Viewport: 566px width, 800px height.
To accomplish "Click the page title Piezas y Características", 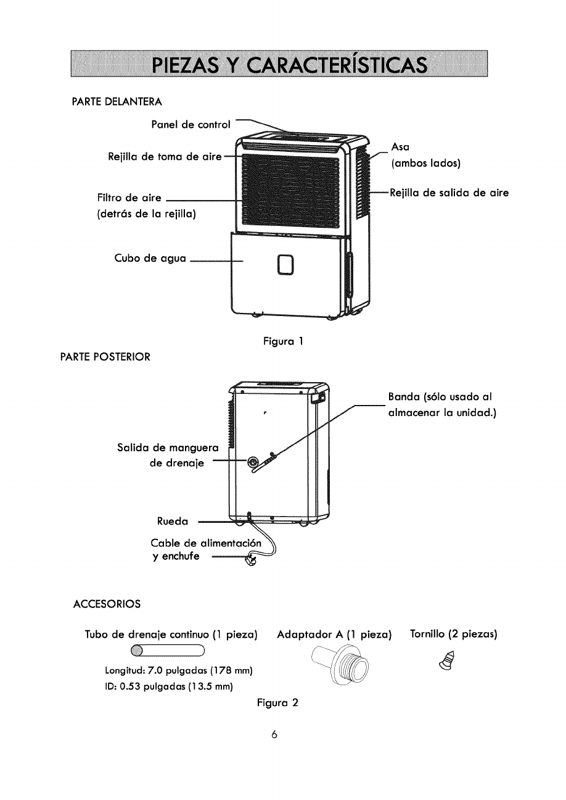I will pyautogui.click(x=279, y=64).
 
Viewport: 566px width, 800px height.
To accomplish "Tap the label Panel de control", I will pyautogui.click(x=191, y=125).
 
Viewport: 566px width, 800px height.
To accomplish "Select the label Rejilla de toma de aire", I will pyautogui.click(x=164, y=158).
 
